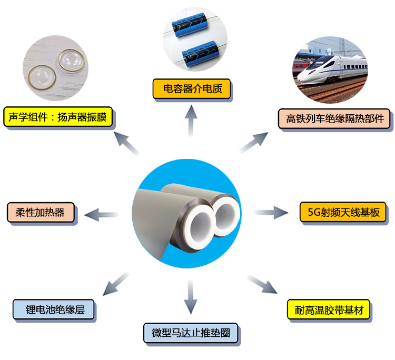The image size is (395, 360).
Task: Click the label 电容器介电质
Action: [192, 89]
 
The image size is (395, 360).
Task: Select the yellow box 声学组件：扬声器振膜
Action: [58, 117]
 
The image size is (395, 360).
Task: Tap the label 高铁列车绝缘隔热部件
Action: [335, 119]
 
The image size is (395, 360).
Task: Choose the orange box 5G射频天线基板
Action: [343, 212]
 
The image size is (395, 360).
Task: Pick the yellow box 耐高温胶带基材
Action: [329, 309]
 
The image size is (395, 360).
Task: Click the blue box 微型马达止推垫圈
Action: [191, 333]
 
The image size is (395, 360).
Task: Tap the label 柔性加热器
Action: [40, 213]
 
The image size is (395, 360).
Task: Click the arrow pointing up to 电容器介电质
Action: [191, 121]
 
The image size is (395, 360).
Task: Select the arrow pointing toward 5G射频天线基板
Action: [271, 213]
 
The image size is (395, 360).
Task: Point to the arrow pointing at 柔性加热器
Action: [102, 215]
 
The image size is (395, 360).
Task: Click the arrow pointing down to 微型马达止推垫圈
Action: [191, 297]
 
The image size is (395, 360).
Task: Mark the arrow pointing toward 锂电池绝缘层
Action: [116, 284]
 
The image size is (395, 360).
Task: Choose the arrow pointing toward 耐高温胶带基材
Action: [262, 285]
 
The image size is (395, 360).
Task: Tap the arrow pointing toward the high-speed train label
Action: [254, 143]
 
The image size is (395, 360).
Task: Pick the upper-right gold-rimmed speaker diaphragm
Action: [72, 61]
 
